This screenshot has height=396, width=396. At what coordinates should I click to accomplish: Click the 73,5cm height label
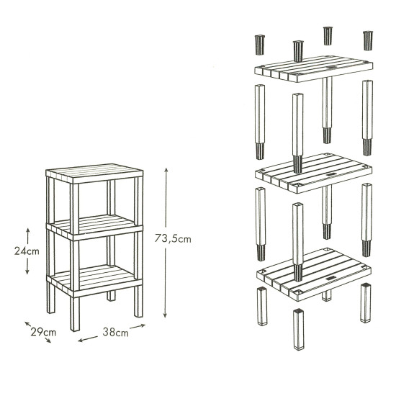click(x=173, y=238)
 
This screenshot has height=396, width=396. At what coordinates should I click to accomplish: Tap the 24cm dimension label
click(x=27, y=251)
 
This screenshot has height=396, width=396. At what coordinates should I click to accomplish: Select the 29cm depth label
click(x=43, y=332)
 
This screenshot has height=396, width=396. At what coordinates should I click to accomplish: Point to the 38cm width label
click(x=115, y=333)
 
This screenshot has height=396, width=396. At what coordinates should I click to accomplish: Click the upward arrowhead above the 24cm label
click(x=28, y=230)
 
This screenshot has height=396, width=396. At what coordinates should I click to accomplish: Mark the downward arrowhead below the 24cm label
click(x=27, y=271)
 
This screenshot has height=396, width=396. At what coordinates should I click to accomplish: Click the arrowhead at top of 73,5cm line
click(x=166, y=171)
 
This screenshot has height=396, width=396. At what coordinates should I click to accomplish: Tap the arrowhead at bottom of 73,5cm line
click(x=165, y=315)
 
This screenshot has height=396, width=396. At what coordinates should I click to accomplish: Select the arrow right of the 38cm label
click(x=138, y=326)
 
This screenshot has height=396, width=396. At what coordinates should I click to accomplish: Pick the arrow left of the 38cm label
click(x=88, y=339)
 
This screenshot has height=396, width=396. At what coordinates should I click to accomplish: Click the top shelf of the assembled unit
click(x=94, y=174)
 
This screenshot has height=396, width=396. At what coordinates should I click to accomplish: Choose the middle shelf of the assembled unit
click(x=94, y=228)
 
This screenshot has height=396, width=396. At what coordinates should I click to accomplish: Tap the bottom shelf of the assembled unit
click(x=94, y=280)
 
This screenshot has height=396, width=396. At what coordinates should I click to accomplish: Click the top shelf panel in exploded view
click(x=314, y=68)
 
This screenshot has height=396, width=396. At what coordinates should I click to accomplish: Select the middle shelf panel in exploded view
click(x=314, y=173)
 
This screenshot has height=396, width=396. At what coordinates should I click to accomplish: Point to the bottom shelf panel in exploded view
click(x=314, y=274)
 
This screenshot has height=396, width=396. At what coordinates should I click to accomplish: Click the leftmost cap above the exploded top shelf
click(x=260, y=45)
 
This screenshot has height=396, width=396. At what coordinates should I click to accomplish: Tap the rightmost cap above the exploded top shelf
click(x=368, y=40)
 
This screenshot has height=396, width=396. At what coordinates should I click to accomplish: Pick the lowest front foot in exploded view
click(x=299, y=329)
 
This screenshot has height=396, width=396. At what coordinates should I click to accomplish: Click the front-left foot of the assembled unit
click(x=75, y=314)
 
